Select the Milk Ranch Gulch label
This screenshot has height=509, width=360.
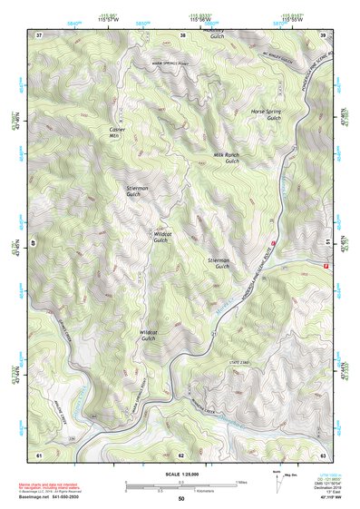click(x=226, y=158)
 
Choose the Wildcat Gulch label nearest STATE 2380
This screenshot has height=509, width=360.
click(x=149, y=336)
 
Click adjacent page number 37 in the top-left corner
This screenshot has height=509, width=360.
click(x=39, y=34)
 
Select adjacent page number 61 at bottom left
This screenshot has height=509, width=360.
click(x=39, y=453)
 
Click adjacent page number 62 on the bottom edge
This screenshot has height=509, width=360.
click(x=181, y=453)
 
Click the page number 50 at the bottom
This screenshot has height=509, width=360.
click(x=180, y=499)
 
